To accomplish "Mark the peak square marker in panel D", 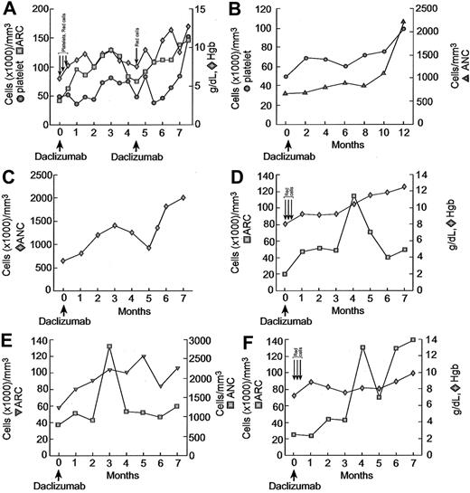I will (354, 196).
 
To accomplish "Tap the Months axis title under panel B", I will (344, 144).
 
